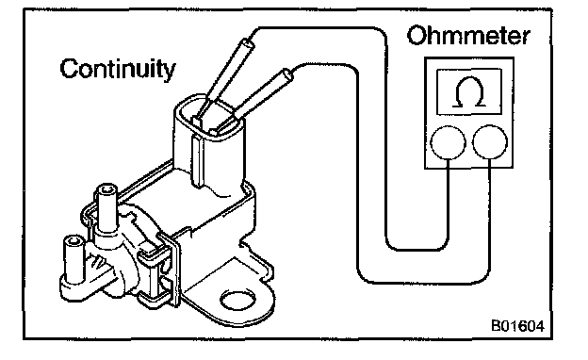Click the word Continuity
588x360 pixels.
[x=118, y=70]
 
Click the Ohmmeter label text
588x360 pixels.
[x=468, y=36]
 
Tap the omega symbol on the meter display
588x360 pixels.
[x=468, y=91]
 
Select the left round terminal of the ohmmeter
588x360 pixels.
[x=449, y=143]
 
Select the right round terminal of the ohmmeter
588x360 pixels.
[x=490, y=142]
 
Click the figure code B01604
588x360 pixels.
[x=517, y=326]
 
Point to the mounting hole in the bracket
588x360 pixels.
[x=238, y=300]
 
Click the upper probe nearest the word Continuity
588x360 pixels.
[x=223, y=79]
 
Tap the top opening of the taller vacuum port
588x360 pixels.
[x=108, y=189]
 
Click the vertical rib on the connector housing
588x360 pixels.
[x=198, y=161]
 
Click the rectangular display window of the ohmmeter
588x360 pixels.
[x=469, y=91]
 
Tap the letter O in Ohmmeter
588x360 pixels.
[x=417, y=37]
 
